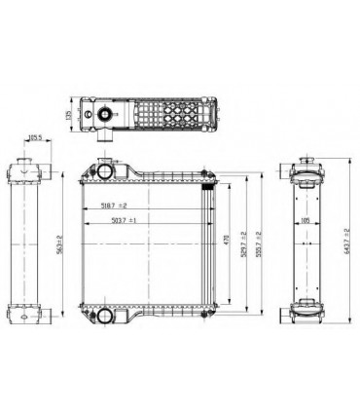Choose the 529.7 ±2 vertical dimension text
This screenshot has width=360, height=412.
[x=243, y=241]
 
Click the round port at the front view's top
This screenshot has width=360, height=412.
[x=103, y=169]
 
